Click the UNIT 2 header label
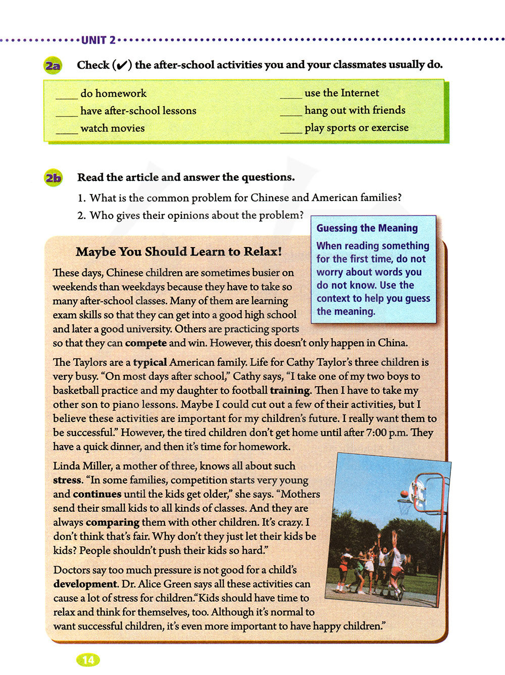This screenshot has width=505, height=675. [x=98, y=40]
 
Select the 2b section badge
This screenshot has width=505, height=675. [x=53, y=178]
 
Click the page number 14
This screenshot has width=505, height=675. [x=88, y=660]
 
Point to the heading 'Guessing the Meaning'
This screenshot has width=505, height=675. [x=367, y=228]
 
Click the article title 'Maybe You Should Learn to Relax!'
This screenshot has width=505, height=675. [x=179, y=252]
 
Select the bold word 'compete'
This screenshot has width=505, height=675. [x=146, y=343]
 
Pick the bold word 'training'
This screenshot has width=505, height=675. [x=290, y=391]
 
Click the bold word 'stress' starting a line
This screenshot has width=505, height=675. [x=67, y=480]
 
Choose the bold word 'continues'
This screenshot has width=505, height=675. [x=97, y=494]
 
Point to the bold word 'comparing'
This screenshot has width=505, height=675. [x=113, y=522]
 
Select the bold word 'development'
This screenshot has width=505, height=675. [x=86, y=584]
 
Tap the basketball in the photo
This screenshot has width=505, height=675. [x=404, y=494]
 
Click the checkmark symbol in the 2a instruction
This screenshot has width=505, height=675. [x=121, y=66]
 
